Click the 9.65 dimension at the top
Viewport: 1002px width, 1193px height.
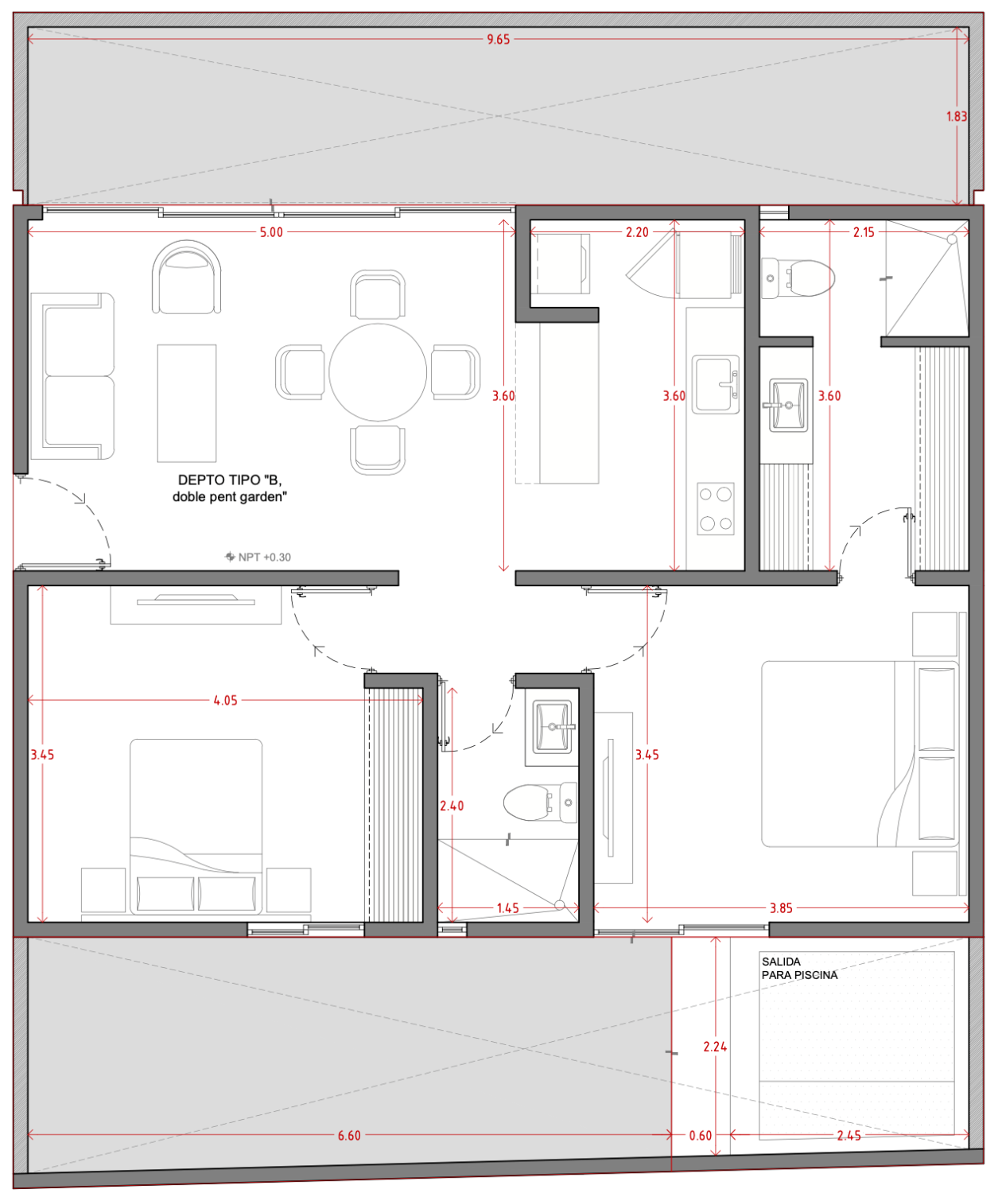(x=498, y=40)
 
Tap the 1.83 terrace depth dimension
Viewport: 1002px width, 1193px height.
(x=957, y=117)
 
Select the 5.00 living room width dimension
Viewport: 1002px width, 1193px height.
(x=271, y=232)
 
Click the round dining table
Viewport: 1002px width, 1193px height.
(x=378, y=372)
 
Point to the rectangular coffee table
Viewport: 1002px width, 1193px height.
(x=187, y=402)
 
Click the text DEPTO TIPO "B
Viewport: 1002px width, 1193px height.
(x=230, y=480)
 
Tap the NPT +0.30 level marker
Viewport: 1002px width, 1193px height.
(x=258, y=557)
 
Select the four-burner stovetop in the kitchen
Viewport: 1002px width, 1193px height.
(x=715, y=508)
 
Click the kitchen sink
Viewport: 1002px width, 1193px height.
(x=715, y=384)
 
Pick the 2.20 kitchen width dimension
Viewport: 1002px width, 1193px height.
(x=637, y=232)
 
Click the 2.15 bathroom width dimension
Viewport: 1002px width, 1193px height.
(x=863, y=232)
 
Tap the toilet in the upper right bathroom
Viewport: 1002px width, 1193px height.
(x=798, y=278)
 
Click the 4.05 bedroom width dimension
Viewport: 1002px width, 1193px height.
(x=225, y=701)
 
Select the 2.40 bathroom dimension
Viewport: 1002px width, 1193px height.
(x=452, y=806)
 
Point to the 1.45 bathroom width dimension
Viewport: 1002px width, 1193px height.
(x=507, y=908)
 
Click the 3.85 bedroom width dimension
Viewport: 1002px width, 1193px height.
(x=781, y=908)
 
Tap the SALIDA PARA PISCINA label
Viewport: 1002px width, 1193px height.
(x=799, y=969)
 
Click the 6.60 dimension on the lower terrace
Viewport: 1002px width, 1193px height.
(x=349, y=1136)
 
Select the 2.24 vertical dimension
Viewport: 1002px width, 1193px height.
(x=715, y=1047)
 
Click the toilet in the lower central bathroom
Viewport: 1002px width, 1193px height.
(x=540, y=802)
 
